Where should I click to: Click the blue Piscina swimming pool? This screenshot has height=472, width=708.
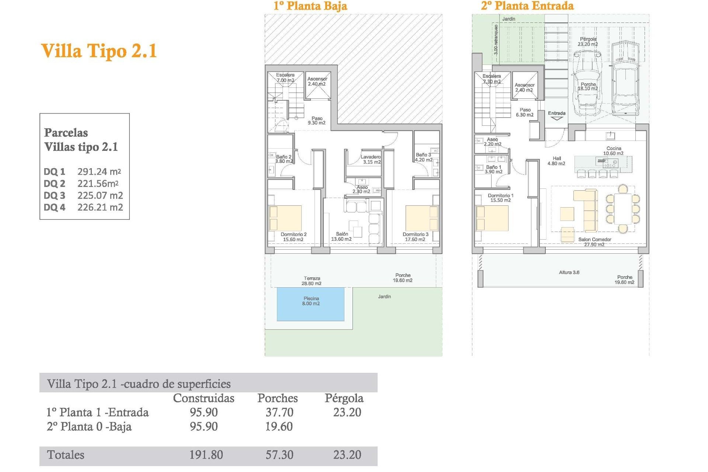[x=310, y=304]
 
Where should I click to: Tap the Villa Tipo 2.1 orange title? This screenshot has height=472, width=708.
[x=99, y=51]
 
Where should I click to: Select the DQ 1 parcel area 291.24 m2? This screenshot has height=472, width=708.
[x=99, y=171]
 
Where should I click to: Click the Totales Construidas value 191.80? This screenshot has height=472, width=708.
[x=206, y=455]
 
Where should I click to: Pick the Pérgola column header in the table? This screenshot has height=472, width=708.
[x=344, y=398]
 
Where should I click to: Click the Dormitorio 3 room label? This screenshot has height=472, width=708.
[x=415, y=237]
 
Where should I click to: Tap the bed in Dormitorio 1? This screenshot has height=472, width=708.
[x=492, y=218]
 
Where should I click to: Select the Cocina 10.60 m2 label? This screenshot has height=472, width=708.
[x=613, y=151]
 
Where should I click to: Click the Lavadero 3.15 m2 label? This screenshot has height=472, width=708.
[x=371, y=159]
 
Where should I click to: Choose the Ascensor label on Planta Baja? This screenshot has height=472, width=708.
[x=317, y=81]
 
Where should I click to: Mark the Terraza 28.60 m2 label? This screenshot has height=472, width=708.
[x=312, y=281]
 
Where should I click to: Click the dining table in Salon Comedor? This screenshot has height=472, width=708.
[x=623, y=209]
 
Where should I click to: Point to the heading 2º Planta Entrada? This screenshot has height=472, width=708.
[x=527, y=6]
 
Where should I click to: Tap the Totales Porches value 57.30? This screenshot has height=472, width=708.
[x=280, y=455]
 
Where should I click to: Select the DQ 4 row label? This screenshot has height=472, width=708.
[x=55, y=208]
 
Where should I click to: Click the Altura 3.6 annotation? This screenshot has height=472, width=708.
[x=569, y=273]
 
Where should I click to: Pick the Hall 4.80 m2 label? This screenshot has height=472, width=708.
[x=556, y=161]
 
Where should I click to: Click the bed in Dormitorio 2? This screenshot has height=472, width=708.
[x=285, y=218]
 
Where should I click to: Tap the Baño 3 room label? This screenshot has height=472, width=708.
[x=423, y=157]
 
